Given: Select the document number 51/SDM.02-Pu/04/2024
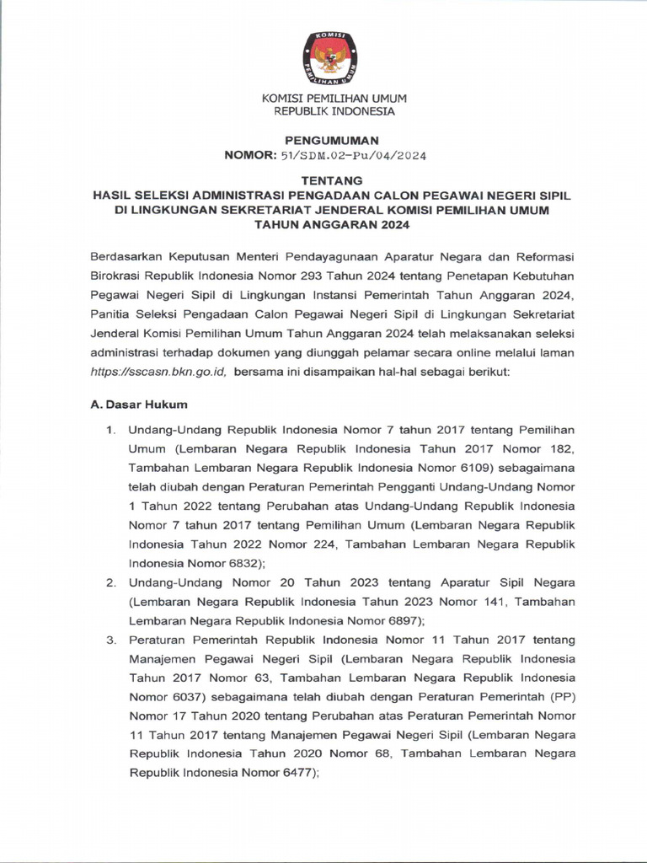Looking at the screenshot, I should point(354,156).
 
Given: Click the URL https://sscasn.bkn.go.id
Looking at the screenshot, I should point(158,372).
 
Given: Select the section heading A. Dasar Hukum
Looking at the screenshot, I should point(139,405).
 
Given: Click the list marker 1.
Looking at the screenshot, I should point(110,431).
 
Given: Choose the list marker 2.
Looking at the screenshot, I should point(110,582).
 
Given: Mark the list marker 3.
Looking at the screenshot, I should point(110,640).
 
